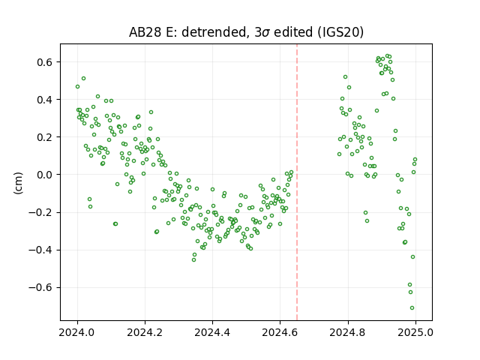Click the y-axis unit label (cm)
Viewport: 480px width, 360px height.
point(18,183)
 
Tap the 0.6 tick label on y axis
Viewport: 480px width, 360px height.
point(45,62)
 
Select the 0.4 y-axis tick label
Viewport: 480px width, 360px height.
point(45,100)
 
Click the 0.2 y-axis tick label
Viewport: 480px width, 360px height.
point(45,137)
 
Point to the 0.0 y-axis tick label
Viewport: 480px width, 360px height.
point(45,175)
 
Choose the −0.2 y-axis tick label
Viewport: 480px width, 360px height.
point(40,212)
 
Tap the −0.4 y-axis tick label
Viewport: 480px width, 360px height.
point(40,250)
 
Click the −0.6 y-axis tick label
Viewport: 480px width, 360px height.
point(40,288)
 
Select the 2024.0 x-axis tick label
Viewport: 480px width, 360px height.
point(77,332)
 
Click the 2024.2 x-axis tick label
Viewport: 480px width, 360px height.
point(145,332)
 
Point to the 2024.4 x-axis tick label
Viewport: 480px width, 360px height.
point(212,332)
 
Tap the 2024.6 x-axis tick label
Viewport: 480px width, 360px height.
point(280,332)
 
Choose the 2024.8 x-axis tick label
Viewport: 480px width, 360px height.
point(348,332)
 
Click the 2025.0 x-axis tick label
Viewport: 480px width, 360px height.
point(415,332)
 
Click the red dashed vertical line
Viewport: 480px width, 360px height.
point(297,182)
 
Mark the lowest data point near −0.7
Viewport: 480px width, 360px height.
point(412,308)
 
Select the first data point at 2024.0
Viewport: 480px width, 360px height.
point(77,87)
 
